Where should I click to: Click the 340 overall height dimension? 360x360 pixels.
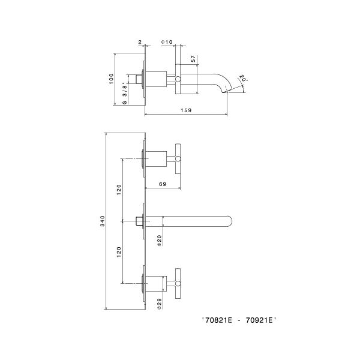[x=103, y=221]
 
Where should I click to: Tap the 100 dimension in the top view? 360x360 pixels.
[x=111, y=79]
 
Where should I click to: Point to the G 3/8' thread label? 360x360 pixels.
[x=124, y=94]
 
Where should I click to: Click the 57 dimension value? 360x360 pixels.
[x=194, y=60]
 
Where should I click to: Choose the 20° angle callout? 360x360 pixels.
[x=242, y=79]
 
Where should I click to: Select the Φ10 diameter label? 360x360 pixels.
[x=167, y=42]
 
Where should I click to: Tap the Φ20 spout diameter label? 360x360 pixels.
[x=160, y=240]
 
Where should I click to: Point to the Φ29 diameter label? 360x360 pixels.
[x=160, y=303]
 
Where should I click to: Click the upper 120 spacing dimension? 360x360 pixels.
[x=119, y=190]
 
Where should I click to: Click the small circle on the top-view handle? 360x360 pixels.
[x=178, y=79]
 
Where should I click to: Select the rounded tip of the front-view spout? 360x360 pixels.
[x=230, y=221]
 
